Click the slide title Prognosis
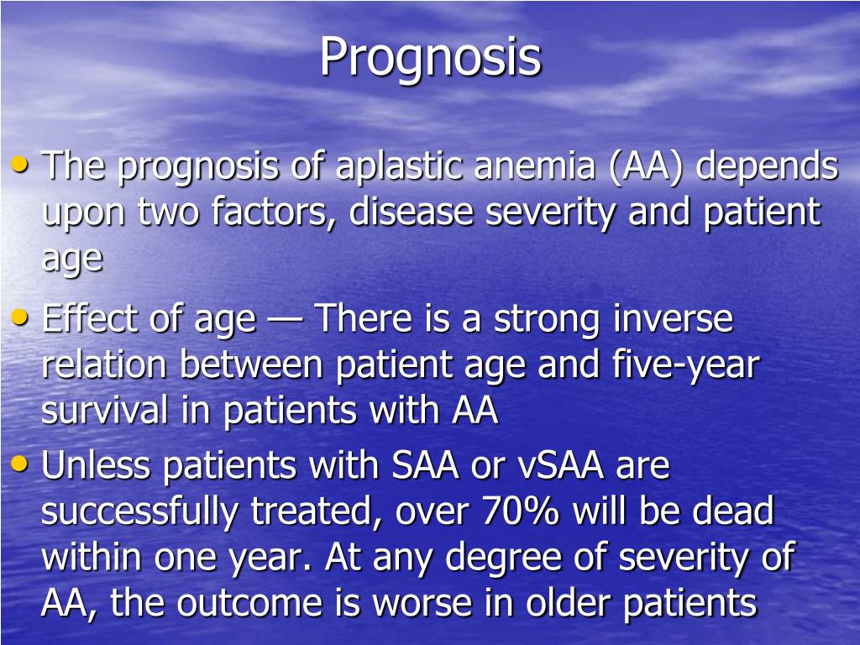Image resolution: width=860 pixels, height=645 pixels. click(430, 57)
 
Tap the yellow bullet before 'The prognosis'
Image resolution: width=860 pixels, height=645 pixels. click(23, 165)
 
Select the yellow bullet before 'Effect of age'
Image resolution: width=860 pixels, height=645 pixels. click(23, 317)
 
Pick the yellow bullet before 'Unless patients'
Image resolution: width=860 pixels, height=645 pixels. click(23, 464)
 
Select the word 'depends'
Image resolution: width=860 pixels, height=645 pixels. click(768, 166)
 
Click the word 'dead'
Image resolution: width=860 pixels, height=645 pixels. click(732, 511)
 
